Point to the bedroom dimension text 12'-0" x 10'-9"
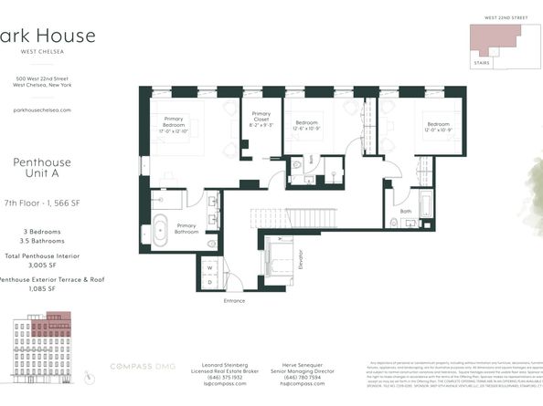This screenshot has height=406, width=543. (x=437, y=129)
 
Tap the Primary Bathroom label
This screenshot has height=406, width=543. (x=186, y=229)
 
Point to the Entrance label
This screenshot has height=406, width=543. (x=234, y=299)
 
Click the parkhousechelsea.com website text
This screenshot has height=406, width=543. (x=41, y=109)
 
